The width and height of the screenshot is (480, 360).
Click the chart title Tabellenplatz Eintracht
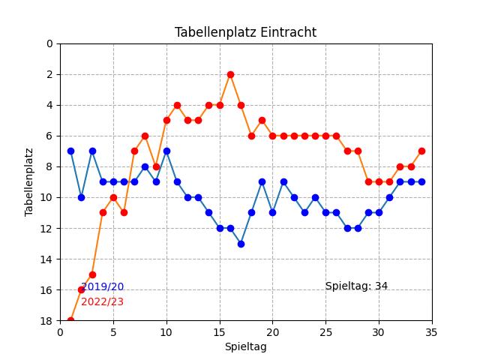[x=245, y=32]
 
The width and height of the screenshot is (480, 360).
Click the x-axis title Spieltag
[x=245, y=346]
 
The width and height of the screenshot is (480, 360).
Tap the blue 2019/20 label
[x=102, y=286]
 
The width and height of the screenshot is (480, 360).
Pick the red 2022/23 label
[x=102, y=301]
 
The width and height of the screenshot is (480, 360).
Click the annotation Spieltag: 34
[x=356, y=286]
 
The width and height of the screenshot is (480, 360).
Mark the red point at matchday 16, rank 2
[x=230, y=74]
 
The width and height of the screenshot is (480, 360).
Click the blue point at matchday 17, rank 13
[x=241, y=244]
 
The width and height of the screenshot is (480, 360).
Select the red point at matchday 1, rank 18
[x=70, y=320]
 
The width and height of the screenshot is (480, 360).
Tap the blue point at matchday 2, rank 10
[x=81, y=197]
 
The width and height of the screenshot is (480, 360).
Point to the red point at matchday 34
[x=421, y=151]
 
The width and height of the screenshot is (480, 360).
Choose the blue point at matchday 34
[x=421, y=181]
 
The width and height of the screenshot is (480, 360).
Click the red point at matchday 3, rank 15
[x=92, y=274]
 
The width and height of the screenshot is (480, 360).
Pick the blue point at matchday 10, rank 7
[x=166, y=151]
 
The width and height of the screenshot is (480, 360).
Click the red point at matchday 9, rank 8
[x=156, y=166]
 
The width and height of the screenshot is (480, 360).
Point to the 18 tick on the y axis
[x=49, y=321]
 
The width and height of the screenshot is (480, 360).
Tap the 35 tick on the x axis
[x=432, y=332]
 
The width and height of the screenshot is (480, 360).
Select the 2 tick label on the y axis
[x=49, y=74]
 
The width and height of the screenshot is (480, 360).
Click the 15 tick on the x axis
[x=220, y=332]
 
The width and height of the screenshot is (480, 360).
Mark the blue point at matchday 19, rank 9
[x=262, y=181]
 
